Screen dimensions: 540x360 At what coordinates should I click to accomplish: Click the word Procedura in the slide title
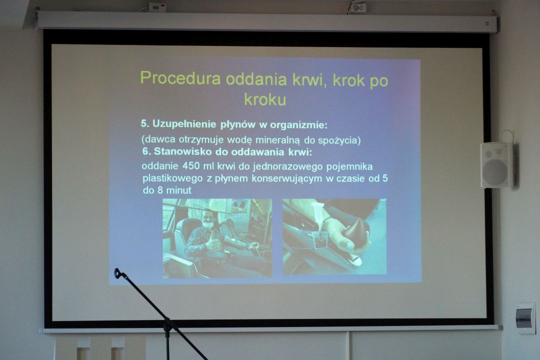[180, 78]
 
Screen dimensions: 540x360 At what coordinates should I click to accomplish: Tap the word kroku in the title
[265, 99]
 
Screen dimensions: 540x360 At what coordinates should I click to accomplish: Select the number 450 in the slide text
[191, 166]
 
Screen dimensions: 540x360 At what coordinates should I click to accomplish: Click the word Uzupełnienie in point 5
[184, 124]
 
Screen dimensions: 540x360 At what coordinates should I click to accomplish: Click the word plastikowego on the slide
[172, 179]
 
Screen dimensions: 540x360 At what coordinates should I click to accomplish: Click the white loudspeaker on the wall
[496, 165]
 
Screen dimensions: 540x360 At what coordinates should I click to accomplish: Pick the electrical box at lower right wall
[526, 318]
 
